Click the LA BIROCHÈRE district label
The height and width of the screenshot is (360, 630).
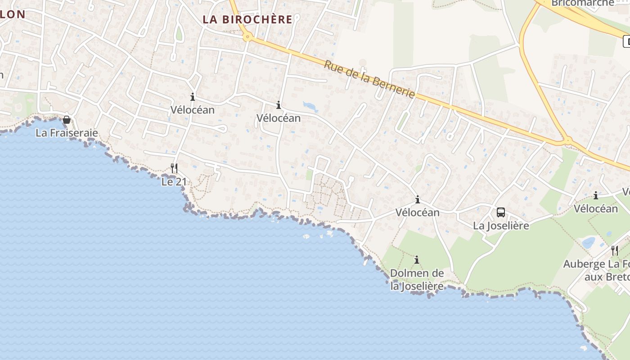pos(247,19)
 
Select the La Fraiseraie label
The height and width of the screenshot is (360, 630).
pos(67,133)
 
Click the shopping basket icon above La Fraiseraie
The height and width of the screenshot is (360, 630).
pos(67,120)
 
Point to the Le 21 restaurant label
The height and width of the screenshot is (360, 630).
pos(174,182)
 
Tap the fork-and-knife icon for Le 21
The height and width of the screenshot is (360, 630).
pos(174,168)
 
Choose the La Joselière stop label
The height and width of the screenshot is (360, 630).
pos(501,225)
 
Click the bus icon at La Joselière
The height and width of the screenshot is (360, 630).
pos(500,212)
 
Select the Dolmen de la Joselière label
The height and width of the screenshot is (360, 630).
pos(417,279)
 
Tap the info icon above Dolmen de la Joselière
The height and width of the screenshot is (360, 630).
pos(417,260)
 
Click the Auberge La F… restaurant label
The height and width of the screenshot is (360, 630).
pos(596,270)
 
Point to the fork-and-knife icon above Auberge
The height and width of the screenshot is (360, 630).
pos(615,250)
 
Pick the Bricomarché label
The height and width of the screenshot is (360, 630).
pos(582,3)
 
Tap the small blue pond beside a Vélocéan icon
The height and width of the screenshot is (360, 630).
pos(310,106)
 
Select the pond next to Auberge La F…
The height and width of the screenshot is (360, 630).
pos(589,243)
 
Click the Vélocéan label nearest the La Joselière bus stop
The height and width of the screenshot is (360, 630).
pos(417,212)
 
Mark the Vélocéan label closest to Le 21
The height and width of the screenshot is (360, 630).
pos(192,109)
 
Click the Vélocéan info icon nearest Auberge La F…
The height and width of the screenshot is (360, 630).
pos(596,195)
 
